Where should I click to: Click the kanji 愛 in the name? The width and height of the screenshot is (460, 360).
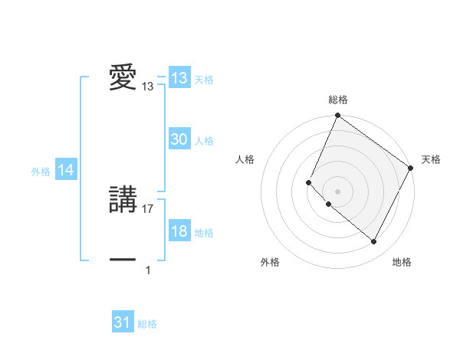click(123, 78)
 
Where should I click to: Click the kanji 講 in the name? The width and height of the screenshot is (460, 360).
click(123, 201)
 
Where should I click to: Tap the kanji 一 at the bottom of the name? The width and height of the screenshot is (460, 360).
click(123, 260)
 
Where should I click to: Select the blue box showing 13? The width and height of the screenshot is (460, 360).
click(179, 78)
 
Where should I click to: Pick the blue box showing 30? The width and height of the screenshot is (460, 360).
click(179, 139)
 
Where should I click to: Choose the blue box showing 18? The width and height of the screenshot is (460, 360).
click(179, 232)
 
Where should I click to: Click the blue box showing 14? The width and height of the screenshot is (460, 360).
click(66, 171)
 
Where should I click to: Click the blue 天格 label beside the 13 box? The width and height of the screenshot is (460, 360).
click(204, 80)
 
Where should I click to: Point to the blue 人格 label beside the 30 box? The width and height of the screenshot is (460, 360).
click(204, 141)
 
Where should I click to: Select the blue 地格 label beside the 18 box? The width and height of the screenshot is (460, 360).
click(204, 233)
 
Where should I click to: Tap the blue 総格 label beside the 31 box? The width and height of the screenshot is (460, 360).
click(147, 324)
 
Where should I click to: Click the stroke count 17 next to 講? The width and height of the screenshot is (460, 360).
click(148, 208)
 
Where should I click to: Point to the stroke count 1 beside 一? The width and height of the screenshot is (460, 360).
click(148, 270)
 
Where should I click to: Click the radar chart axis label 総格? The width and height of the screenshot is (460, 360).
click(337, 100)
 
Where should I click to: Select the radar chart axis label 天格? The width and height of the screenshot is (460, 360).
click(431, 159)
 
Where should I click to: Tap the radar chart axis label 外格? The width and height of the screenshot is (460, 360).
click(270, 263)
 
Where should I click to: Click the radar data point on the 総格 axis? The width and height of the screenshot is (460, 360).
click(337, 116)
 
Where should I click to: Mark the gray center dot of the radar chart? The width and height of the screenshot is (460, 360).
click(337, 191)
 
